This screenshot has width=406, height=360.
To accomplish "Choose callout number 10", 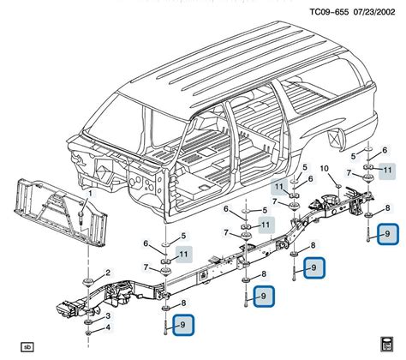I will click(x=324, y=168).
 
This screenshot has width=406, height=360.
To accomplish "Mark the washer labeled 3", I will click(x=89, y=316).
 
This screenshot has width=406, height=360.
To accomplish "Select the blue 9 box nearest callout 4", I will click(x=182, y=323).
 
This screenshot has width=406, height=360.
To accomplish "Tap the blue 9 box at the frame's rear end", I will click(x=388, y=232).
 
